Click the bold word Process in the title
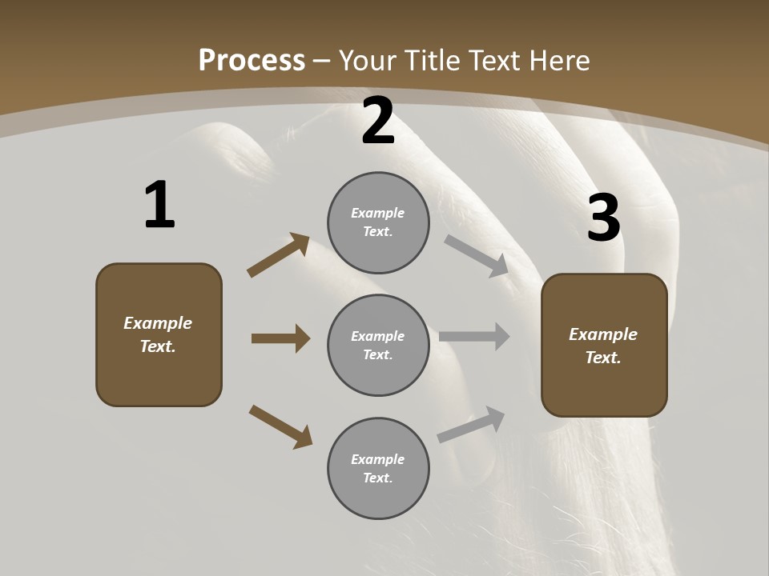click(x=252, y=60)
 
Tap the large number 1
click(x=159, y=205)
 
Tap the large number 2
click(x=378, y=121)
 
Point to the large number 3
click(x=604, y=218)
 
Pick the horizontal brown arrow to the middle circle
click(x=280, y=338)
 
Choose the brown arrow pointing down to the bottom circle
click(x=280, y=426)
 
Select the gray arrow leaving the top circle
click(x=476, y=255)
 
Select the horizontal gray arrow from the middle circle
click(x=474, y=337)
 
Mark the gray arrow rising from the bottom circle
click(x=472, y=425)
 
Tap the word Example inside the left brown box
click(x=158, y=323)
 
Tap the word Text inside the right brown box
click(x=602, y=358)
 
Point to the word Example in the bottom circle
click(x=378, y=459)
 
